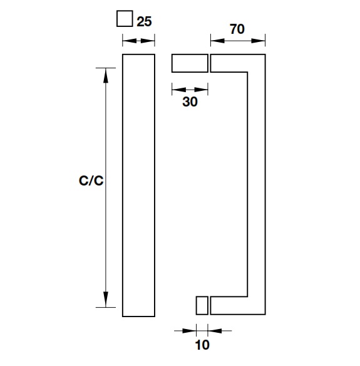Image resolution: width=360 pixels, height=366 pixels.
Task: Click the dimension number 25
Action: (x=144, y=22)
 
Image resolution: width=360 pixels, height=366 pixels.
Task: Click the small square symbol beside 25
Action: (x=125, y=18)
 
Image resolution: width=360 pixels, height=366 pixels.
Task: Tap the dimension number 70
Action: (x=237, y=29)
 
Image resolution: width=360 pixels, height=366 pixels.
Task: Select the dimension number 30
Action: (x=190, y=102)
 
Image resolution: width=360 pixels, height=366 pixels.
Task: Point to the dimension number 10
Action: (x=202, y=345)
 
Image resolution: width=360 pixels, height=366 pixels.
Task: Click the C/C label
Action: (x=91, y=180)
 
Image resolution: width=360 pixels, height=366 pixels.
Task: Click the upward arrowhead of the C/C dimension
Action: (x=106, y=75)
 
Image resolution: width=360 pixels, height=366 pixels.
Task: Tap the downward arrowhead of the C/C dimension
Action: (x=106, y=300)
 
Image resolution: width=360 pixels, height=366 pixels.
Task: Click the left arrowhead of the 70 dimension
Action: (x=218, y=41)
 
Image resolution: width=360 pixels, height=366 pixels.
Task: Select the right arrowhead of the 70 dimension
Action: (x=258, y=41)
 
